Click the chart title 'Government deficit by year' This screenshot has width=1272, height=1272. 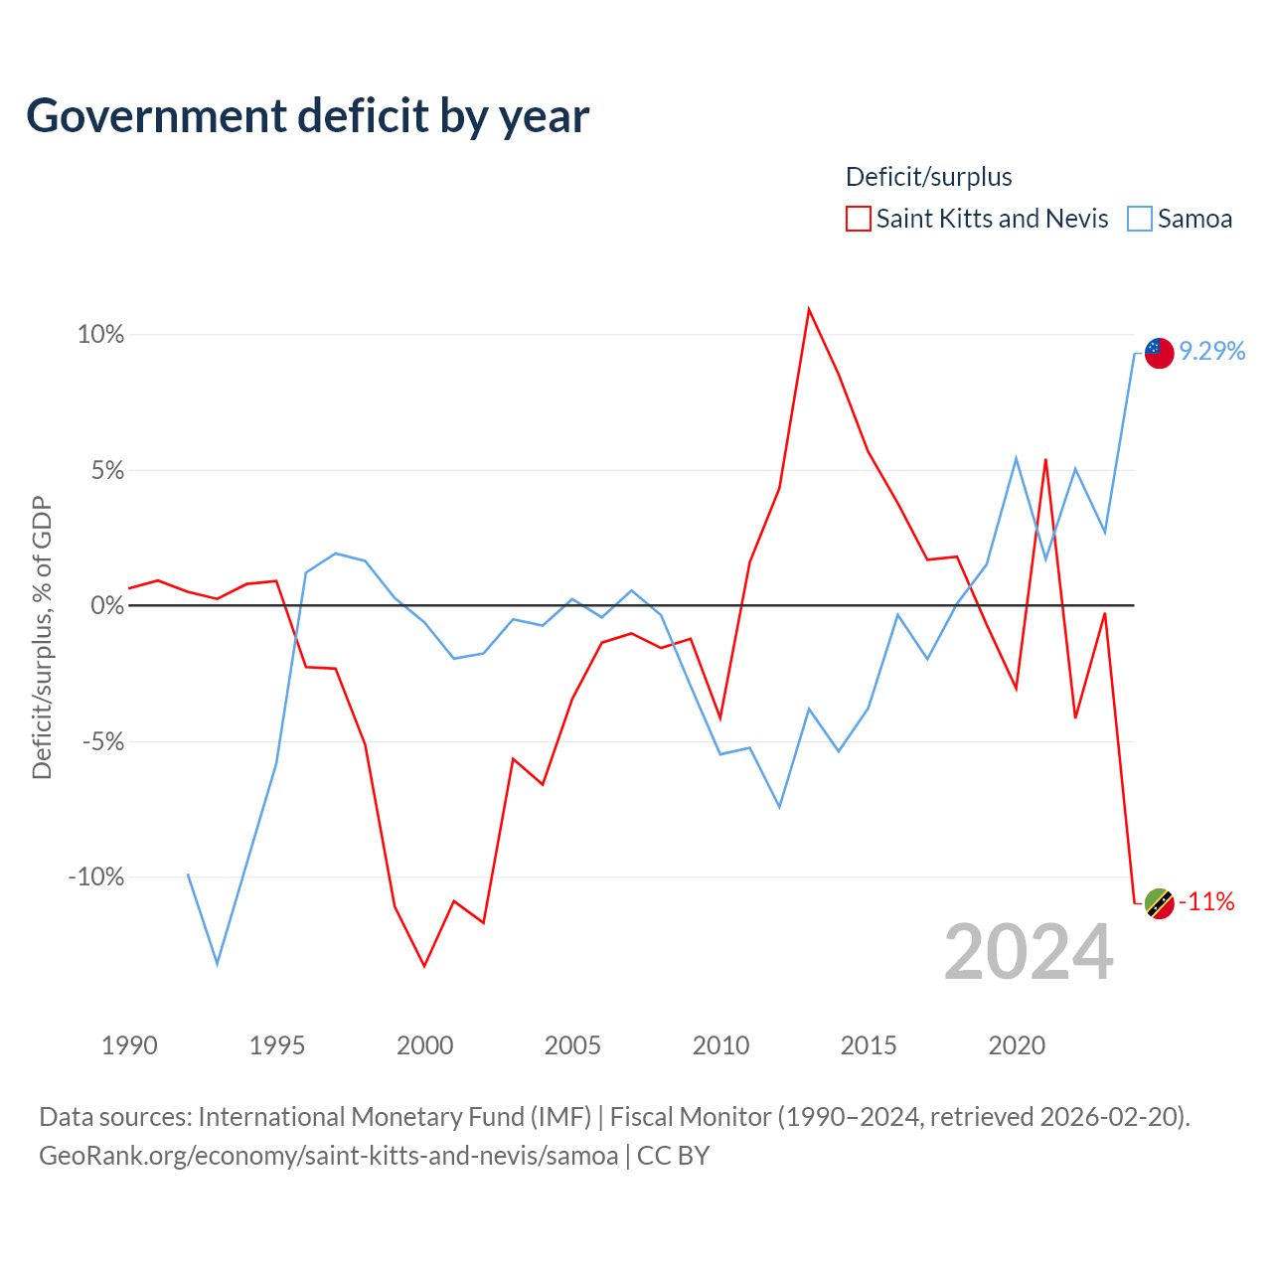click(x=307, y=117)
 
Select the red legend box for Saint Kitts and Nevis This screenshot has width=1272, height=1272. click(x=858, y=219)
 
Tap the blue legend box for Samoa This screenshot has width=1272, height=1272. click(x=1139, y=219)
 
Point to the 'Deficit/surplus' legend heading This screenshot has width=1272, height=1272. click(x=928, y=177)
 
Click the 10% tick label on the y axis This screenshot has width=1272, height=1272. click(x=101, y=335)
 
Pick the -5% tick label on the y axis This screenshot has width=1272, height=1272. click(x=103, y=741)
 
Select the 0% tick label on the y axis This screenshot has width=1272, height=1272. click(x=107, y=605)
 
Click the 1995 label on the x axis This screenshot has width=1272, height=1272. click(x=276, y=1045)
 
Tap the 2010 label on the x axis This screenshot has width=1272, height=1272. click(x=720, y=1045)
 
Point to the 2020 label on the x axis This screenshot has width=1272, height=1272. click(x=1017, y=1045)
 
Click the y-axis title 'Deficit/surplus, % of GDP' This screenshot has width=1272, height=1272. click(x=42, y=638)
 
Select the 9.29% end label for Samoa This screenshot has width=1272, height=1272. click(x=1212, y=351)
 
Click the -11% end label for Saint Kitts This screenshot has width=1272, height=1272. click(x=1206, y=901)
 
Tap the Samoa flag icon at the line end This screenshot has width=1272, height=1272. click(x=1159, y=353)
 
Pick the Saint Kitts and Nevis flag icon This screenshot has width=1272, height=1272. click(x=1159, y=903)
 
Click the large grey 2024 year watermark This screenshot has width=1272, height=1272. click(x=1029, y=952)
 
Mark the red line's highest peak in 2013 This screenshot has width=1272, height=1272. click(x=809, y=309)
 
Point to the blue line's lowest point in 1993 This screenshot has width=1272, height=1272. click(x=218, y=965)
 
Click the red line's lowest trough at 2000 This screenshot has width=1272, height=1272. click(x=424, y=967)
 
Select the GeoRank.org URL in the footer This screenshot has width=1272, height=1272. click(x=329, y=1156)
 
